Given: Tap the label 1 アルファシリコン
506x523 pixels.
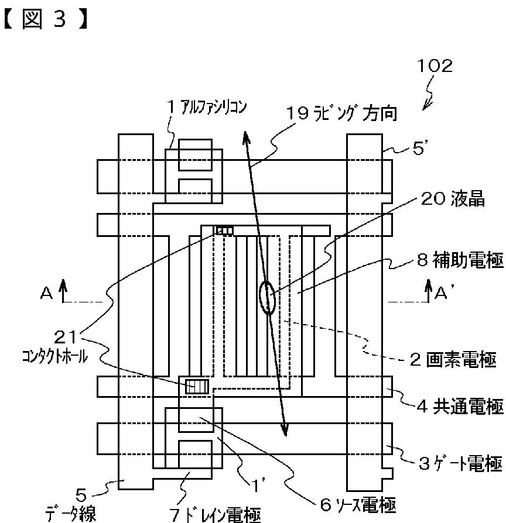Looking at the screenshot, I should tap(204, 108).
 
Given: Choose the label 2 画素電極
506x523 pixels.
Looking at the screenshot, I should tap(456, 359).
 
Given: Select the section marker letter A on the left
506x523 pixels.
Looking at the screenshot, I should tap(46, 295).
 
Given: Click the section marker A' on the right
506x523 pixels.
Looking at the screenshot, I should tap(441, 294).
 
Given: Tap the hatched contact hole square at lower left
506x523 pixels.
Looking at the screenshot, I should tap(196, 386).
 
